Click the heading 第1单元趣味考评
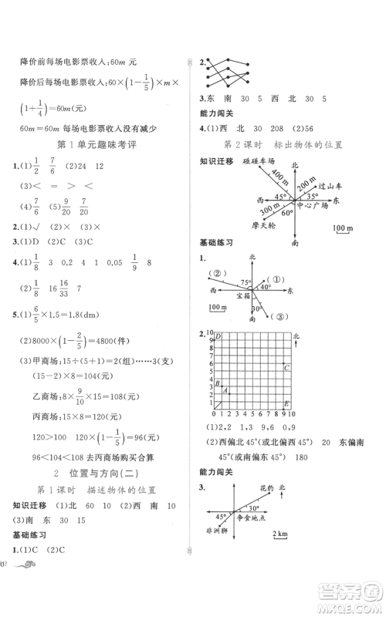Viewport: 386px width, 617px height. click(x=96, y=146)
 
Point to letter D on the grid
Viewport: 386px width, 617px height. click(x=219, y=336)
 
